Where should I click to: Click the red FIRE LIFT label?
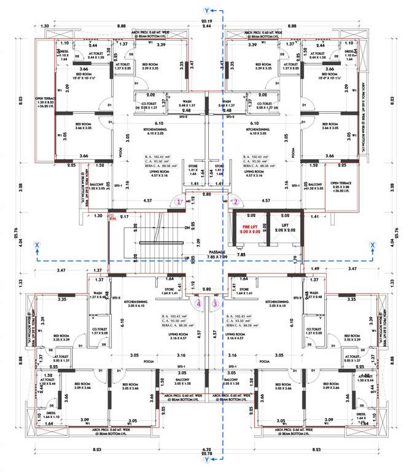point(251,229)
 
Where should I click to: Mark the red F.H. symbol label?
point(112,216)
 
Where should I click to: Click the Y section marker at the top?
point(206,10)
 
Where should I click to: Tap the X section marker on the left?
point(37,245)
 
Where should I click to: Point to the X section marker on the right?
point(372,245)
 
